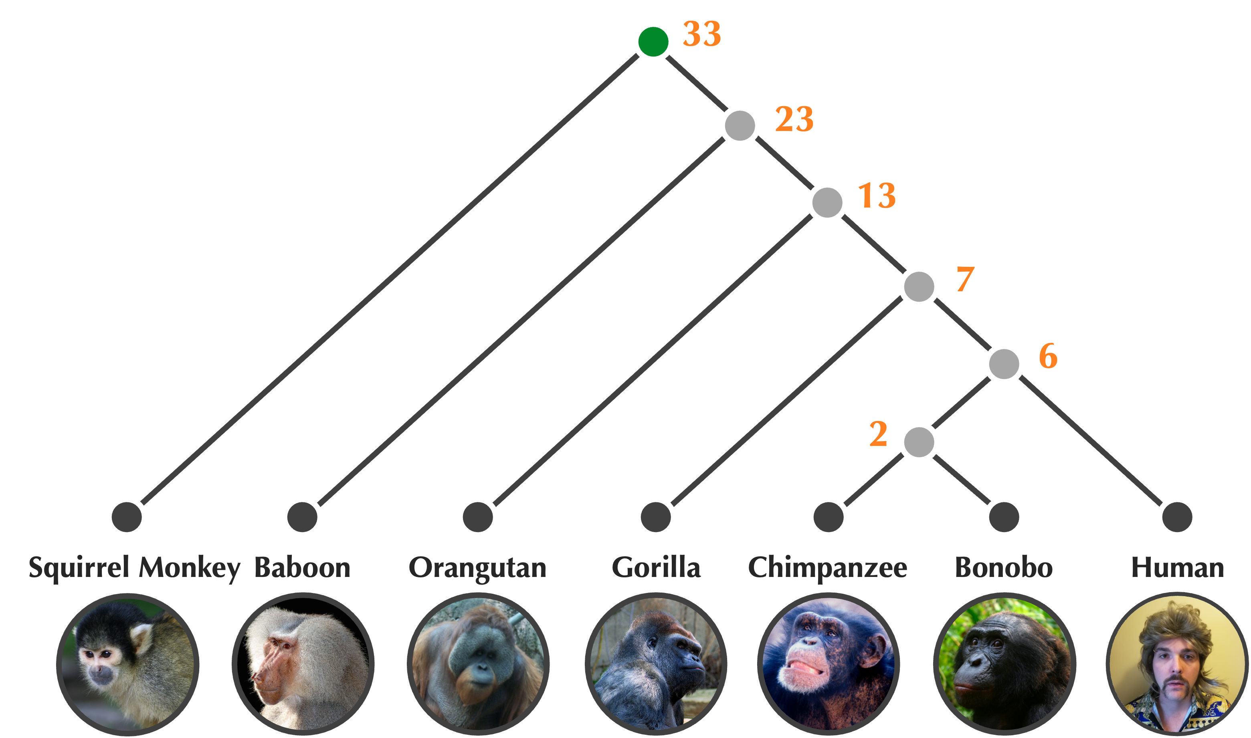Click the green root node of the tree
(653, 42)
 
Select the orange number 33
(702, 34)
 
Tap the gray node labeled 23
(740, 125)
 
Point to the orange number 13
(877, 196)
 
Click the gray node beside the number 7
(919, 286)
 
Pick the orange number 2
(879, 434)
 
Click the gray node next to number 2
(919, 442)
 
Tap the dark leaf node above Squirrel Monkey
(127, 517)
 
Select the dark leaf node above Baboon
(302, 517)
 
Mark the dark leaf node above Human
(1177, 517)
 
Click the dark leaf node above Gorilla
(656, 517)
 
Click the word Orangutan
(477, 567)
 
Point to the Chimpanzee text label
(828, 567)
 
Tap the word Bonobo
(1004, 567)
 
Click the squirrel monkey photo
(128, 664)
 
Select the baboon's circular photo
(303, 664)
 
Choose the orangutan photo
(478, 664)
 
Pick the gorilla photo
(656, 664)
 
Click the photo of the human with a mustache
(1177, 664)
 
